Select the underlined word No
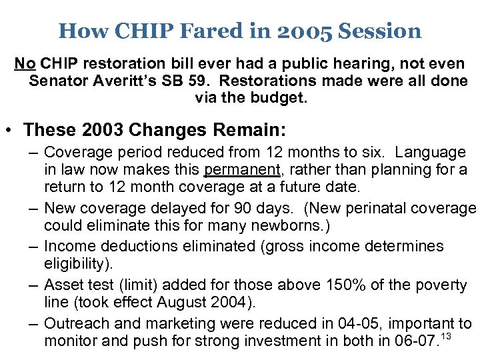point(25,64)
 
